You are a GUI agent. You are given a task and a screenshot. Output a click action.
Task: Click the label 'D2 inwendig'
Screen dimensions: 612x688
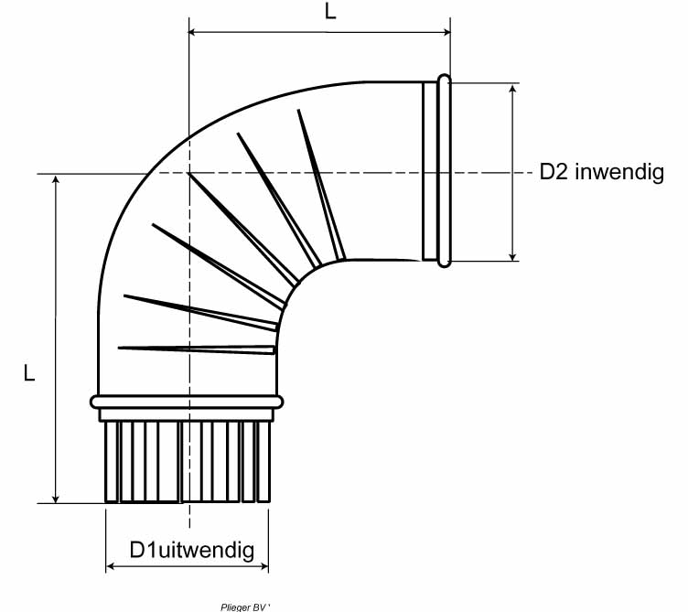(601, 172)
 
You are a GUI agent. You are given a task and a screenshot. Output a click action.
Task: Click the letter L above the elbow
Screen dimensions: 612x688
(329, 12)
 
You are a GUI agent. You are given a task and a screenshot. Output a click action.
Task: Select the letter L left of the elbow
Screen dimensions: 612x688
(29, 373)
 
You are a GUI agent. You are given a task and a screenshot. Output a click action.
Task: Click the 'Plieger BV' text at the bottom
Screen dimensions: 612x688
(246, 606)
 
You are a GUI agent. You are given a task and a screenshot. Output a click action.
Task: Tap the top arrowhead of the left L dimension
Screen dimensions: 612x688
(57, 180)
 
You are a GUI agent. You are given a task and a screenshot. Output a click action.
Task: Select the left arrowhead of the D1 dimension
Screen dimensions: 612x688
(112, 567)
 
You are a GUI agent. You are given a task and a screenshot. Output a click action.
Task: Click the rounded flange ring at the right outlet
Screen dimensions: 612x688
(445, 171)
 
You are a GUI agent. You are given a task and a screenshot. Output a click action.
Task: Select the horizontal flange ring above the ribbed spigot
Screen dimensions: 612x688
(188, 402)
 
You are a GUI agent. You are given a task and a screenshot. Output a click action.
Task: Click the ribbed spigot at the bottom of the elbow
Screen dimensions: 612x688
(188, 462)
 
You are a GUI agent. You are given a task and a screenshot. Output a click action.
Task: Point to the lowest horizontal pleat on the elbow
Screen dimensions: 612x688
(197, 348)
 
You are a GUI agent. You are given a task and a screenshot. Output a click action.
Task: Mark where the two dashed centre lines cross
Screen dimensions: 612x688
(188, 173)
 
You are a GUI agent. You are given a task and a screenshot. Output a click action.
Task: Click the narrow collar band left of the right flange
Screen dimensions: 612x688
(429, 171)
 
